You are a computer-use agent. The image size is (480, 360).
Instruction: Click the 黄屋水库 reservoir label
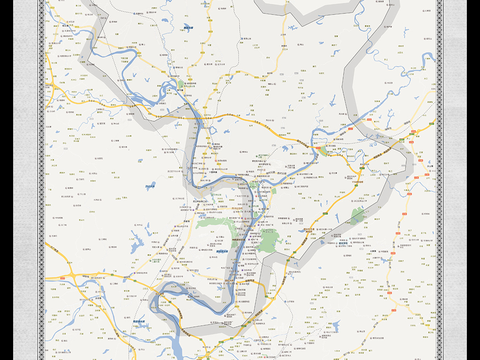(x=188, y=28)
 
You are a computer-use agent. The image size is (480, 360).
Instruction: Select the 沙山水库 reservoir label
(x=150, y=187)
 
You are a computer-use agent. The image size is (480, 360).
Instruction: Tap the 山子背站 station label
(x=291, y=301)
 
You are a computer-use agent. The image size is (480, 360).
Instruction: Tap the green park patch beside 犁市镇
(x=181, y=84)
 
